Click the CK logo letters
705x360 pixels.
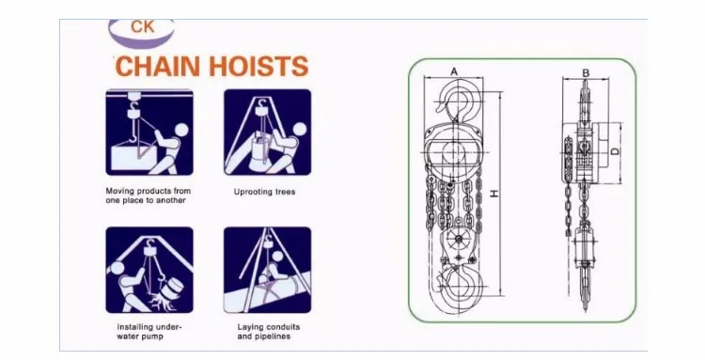(x=143, y=26)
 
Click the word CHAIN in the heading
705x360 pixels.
(x=158, y=67)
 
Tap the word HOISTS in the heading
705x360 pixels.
(x=259, y=67)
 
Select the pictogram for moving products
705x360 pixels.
(x=149, y=133)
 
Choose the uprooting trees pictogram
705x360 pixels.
(x=267, y=133)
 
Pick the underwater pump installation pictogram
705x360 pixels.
(x=149, y=270)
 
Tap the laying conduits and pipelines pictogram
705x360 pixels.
(x=267, y=270)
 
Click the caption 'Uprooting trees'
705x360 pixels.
(x=264, y=192)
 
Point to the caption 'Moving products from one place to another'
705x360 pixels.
(x=148, y=196)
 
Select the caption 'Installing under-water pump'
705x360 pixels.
(x=149, y=332)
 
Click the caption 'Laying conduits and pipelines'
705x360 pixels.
(x=269, y=332)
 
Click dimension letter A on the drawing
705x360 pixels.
(x=454, y=71)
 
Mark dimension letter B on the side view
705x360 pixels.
(x=586, y=72)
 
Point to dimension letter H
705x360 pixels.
(x=494, y=194)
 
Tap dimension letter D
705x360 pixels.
(x=615, y=152)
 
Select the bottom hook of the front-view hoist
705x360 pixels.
(x=459, y=284)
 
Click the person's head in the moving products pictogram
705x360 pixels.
(x=181, y=131)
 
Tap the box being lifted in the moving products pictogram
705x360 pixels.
(x=135, y=156)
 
